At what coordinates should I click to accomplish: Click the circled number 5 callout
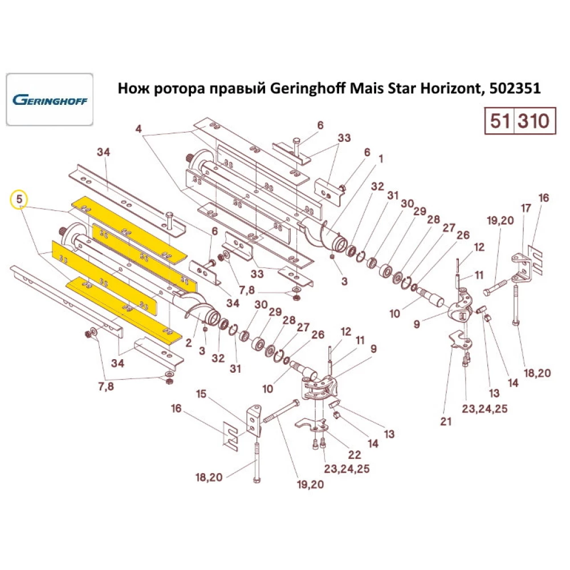coord(19,199)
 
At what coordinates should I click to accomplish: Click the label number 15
coord(201,393)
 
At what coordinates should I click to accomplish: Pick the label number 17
coord(526,209)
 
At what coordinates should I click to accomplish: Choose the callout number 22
coord(354,454)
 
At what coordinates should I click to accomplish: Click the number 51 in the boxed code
coord(499,121)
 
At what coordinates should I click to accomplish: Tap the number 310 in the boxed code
coord(534,121)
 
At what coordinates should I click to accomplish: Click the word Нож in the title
coord(130,89)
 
